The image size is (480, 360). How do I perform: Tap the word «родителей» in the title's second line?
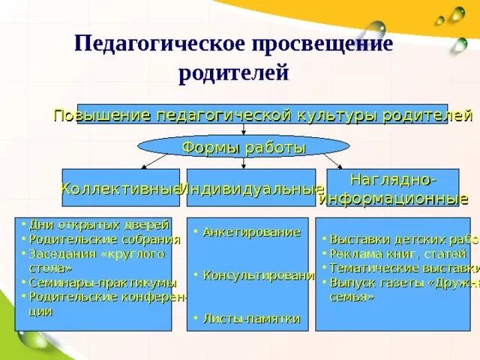(x=233, y=73)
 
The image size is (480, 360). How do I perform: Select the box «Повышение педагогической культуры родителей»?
(x=262, y=115)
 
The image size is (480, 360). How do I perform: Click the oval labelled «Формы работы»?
(x=244, y=147)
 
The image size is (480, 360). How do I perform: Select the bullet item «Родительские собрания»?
(x=104, y=239)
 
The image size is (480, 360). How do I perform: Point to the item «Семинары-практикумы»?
(x=103, y=283)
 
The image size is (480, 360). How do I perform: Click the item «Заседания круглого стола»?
(x=94, y=259)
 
